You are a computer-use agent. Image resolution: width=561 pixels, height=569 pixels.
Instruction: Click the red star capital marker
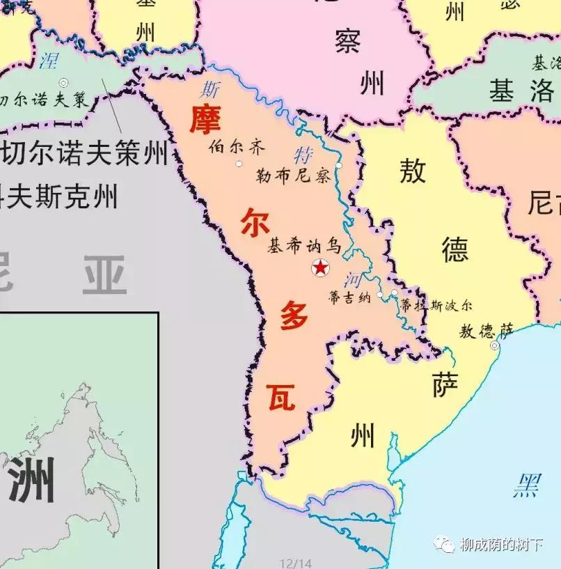pos(320,267)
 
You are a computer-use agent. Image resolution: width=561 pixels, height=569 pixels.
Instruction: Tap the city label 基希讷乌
pos(304,246)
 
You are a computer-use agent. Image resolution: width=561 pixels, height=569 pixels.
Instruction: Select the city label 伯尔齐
pos(228,148)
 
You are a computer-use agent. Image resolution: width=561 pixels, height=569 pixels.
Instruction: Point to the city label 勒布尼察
pos(292,176)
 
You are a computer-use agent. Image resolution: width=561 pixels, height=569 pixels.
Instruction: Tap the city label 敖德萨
pos(486,331)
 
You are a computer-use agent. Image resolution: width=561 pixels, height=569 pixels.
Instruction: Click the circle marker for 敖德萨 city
pos(495,345)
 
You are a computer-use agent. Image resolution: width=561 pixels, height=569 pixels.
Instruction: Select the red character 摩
pos(205,119)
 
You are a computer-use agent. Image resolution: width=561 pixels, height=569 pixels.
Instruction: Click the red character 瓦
pos(281,398)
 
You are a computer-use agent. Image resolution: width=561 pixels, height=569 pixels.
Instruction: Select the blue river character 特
pos(303,154)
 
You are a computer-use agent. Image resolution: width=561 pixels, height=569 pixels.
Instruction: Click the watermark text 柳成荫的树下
pos(500,545)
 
